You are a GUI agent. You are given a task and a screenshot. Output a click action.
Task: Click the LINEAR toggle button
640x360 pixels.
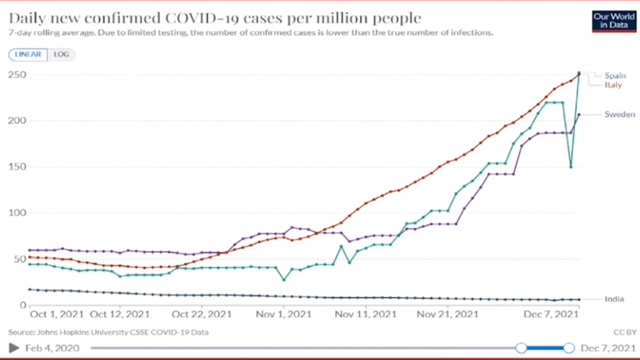(27, 54)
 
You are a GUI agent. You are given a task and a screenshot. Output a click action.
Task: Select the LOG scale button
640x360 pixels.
(61, 54)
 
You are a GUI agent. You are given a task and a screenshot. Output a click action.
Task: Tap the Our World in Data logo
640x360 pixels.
(609, 21)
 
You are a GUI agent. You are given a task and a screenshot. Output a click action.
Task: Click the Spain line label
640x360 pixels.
(614, 76)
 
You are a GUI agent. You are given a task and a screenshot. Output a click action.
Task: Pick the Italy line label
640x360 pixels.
(612, 85)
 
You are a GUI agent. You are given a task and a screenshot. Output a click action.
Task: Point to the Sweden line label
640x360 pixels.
(619, 114)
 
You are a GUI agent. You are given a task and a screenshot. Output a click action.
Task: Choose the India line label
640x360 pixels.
(614, 299)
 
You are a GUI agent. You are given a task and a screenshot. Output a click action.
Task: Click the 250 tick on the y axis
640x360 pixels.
(15, 75)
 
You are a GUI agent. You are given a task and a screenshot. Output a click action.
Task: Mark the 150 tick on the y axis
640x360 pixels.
(15, 167)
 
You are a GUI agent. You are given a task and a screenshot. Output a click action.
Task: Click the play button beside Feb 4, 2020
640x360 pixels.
(12, 347)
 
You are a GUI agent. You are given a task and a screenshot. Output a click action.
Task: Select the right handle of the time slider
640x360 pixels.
(569, 347)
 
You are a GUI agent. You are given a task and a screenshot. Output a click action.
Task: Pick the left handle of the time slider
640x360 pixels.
(521, 347)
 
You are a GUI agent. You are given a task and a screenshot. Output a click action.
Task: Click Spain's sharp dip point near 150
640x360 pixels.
(571, 167)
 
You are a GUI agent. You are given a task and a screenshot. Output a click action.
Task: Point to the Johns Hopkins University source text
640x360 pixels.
(109, 332)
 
